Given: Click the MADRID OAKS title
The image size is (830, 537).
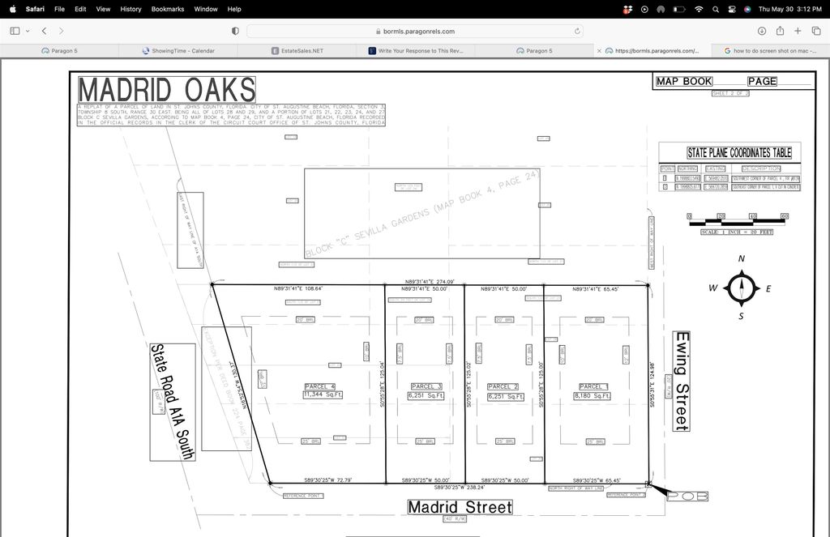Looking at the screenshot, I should tap(166, 89).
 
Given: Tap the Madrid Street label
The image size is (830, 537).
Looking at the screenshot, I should tap(460, 507).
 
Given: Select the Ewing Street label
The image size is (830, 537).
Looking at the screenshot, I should tap(682, 381).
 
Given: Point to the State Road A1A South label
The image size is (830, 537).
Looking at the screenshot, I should tap(172, 402).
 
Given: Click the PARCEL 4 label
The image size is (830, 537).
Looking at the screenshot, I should tap(320, 386).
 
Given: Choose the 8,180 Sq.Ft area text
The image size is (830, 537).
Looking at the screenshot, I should tap(593, 395).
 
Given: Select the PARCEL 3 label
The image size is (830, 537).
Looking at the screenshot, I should tap(426, 386).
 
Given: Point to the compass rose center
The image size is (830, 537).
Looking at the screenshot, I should tap(741, 288).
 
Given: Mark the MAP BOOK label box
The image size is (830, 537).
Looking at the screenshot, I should tap(685, 81).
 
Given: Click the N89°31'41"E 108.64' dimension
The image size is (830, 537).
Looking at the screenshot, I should tap(298, 288).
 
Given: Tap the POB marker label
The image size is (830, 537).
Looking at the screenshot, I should tap(687, 496).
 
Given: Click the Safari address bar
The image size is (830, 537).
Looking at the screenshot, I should tap(414, 31).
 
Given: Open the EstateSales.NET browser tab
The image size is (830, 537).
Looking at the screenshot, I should tap(297, 50).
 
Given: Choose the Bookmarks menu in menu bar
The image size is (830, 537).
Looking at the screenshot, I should tap(167, 9).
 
